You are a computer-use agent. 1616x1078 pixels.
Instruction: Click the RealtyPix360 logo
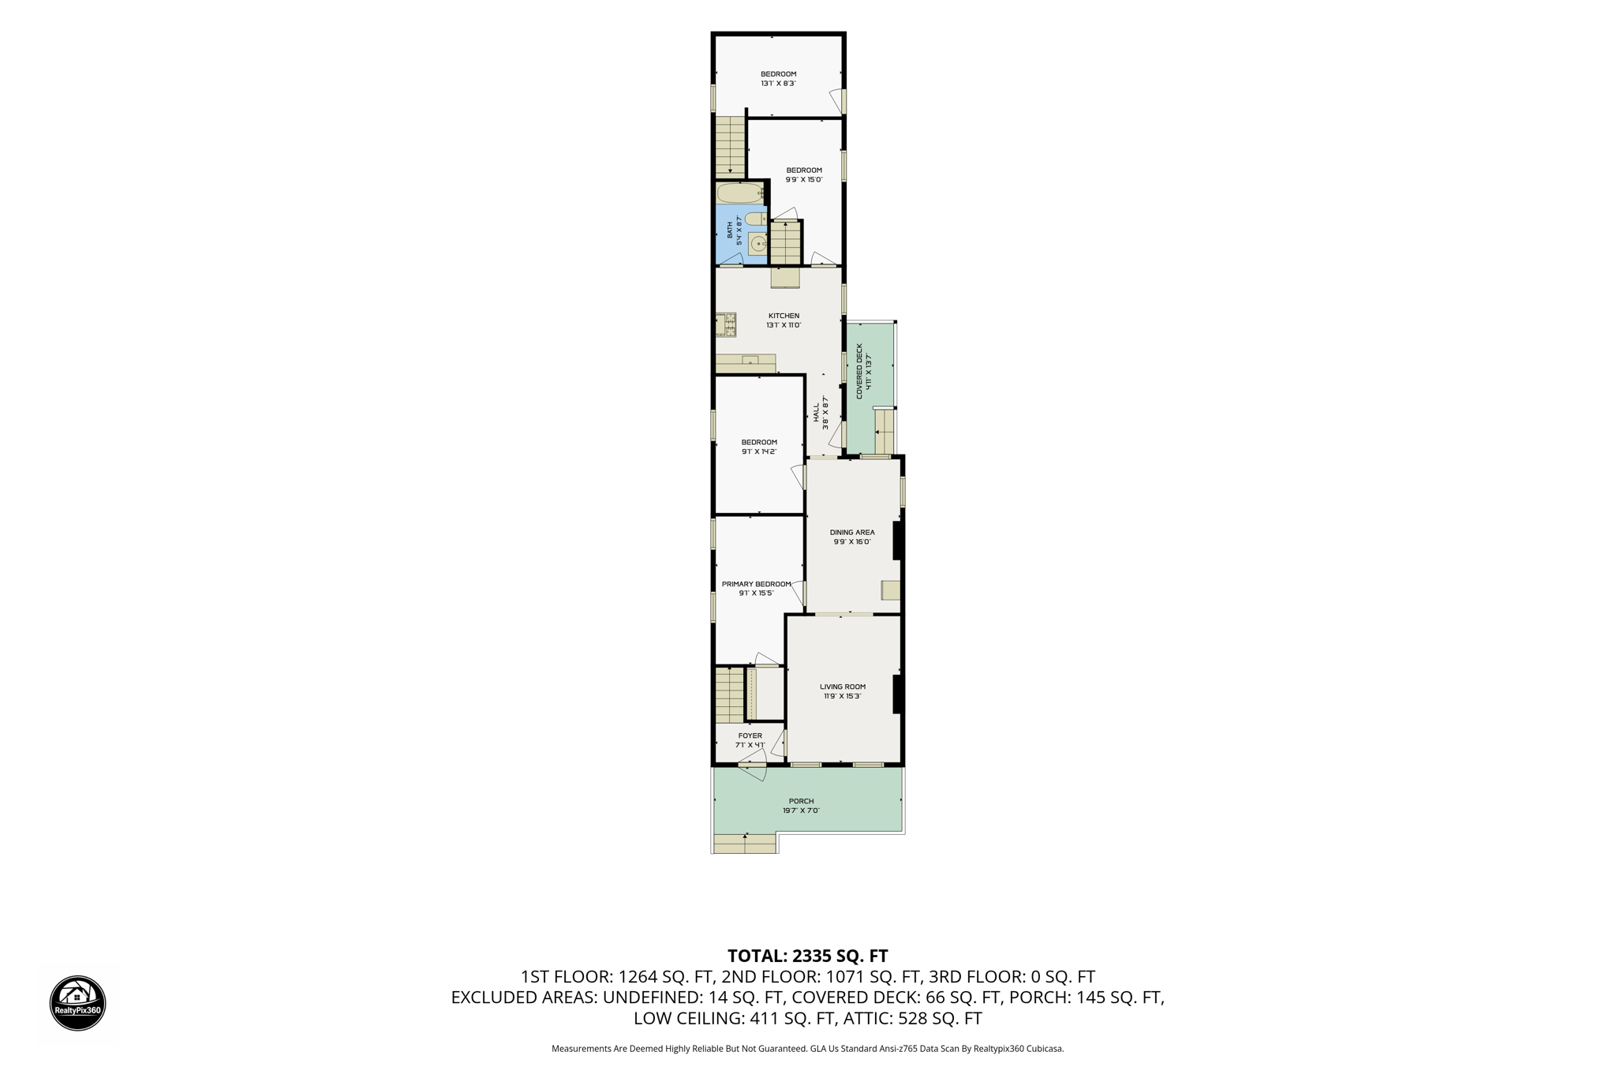click(x=77, y=1003)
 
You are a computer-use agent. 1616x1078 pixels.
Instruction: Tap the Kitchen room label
click(x=784, y=320)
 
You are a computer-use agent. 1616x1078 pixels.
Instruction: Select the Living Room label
click(x=843, y=691)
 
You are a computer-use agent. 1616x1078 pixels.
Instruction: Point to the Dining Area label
click(x=852, y=537)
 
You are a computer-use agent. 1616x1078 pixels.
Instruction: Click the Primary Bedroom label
click(x=756, y=589)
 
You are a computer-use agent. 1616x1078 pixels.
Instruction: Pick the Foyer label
click(x=750, y=740)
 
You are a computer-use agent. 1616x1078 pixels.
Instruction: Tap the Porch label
click(x=801, y=806)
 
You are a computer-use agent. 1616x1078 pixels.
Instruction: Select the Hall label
click(x=821, y=412)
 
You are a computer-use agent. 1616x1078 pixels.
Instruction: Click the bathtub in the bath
click(x=740, y=193)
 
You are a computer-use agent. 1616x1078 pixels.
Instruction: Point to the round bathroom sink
click(x=757, y=245)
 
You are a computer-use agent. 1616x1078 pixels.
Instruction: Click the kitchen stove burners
click(x=726, y=325)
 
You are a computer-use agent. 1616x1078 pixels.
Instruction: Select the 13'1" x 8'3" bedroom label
click(x=778, y=79)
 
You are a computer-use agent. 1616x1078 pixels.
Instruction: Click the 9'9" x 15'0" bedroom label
click(x=804, y=175)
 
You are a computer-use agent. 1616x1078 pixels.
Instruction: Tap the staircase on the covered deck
click(x=885, y=432)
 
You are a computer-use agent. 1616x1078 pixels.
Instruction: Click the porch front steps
click(x=745, y=844)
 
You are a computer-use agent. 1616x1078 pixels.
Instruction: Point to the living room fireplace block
click(x=897, y=694)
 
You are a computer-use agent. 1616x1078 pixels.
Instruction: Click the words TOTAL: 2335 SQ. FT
click(x=807, y=956)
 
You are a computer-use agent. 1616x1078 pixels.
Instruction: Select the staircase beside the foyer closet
click(x=730, y=695)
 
